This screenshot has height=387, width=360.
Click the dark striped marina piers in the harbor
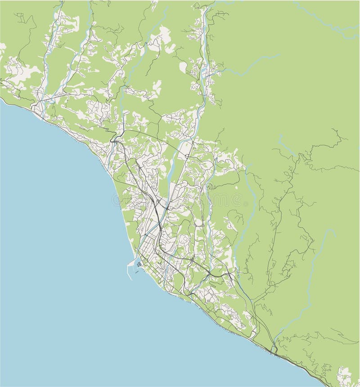pos(140,264)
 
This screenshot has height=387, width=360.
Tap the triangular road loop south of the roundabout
pos(201,223)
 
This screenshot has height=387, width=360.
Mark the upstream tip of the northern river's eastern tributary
pos(279,56)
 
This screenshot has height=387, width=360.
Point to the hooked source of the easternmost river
pos(333,230)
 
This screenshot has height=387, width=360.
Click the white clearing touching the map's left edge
pos(2,47)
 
